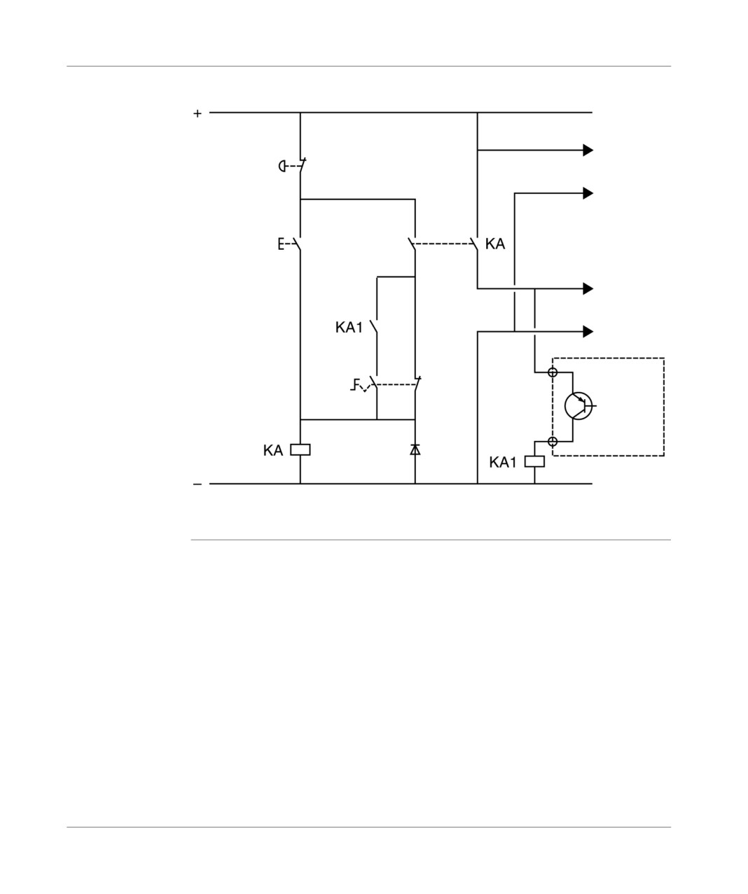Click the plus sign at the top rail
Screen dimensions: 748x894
point(197,113)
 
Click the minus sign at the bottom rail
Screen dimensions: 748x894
point(197,484)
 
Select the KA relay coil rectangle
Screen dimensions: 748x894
point(300,449)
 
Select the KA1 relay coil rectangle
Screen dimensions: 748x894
point(534,461)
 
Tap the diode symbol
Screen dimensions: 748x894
point(415,449)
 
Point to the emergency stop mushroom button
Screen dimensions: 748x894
point(282,166)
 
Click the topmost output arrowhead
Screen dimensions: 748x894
point(588,151)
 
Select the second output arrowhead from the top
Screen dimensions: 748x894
point(588,193)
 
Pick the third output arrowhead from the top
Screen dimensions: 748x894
point(588,288)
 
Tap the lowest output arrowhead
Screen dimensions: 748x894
point(588,331)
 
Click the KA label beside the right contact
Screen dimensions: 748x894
point(494,244)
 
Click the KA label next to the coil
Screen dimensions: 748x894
point(273,450)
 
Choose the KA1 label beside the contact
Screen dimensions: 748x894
point(349,328)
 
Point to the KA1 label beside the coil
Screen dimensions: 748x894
point(503,462)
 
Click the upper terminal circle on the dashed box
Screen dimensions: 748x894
point(553,372)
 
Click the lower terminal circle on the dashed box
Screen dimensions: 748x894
point(553,442)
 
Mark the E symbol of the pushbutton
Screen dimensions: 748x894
point(281,244)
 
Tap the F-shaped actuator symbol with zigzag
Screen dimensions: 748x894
point(359,385)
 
